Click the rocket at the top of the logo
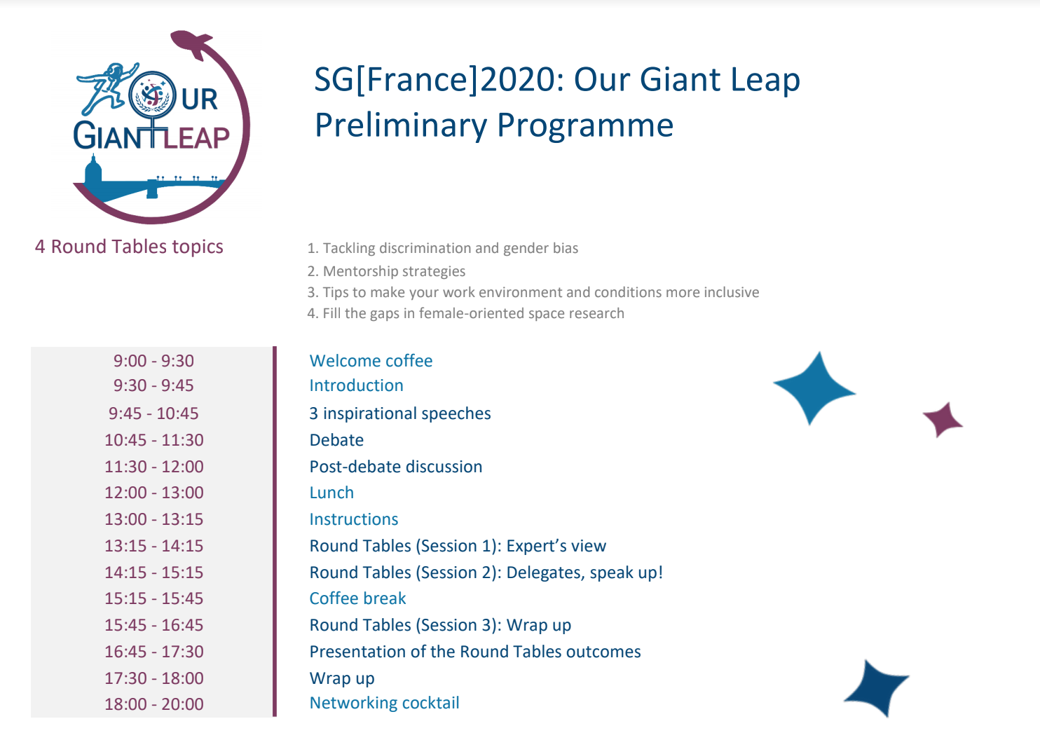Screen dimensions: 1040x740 pos(191,43)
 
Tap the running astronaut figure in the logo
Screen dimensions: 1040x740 pos(106,88)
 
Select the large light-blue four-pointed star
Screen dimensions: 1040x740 pos(814,388)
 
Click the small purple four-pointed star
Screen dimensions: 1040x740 pos(943,420)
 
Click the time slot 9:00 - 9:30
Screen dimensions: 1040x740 pos(153,361)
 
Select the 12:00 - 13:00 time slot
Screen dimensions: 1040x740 pos(153,493)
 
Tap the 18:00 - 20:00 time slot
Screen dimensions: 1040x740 pos(153,704)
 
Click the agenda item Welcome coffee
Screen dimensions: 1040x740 pos(371,361)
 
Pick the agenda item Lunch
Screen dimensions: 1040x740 pos(331,493)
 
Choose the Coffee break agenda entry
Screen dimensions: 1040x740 pos(357,598)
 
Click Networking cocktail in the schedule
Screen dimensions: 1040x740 pos(385,703)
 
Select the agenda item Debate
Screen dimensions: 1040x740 pos(336,440)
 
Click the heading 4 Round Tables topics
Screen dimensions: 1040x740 pos(129,247)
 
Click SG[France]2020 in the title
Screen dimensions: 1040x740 pos(439,80)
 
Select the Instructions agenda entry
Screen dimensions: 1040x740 pos(354,519)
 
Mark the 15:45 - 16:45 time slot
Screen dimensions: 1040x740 pos(153,625)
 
